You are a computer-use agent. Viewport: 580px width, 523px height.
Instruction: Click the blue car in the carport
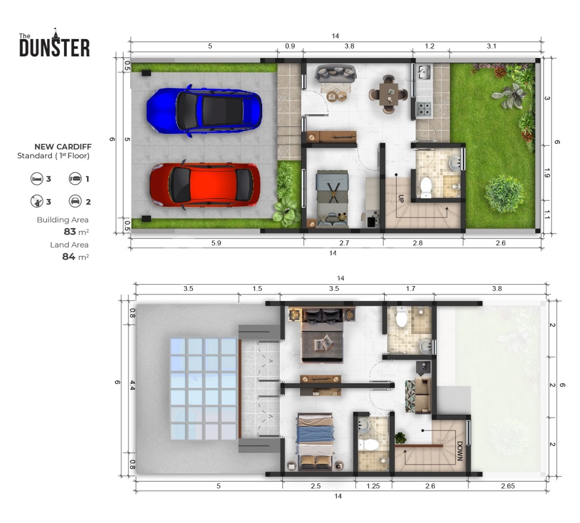[204, 110]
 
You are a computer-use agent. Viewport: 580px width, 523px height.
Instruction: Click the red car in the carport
[205, 185]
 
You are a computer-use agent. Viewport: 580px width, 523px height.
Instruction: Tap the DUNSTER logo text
[54, 47]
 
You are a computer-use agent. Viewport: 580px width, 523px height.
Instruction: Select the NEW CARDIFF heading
[63, 146]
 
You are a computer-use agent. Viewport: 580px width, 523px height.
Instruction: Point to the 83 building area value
[70, 232]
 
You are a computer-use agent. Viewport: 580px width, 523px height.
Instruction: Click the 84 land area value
[69, 256]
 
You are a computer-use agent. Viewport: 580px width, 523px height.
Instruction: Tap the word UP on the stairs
[401, 198]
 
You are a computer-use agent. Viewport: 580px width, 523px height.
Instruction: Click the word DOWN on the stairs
[460, 451]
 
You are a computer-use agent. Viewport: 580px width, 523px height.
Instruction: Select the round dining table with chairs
[388, 94]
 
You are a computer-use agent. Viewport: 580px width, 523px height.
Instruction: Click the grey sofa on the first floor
[336, 73]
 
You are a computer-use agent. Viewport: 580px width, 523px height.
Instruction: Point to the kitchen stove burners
[424, 109]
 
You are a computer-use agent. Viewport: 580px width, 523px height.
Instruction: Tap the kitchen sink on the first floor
[424, 72]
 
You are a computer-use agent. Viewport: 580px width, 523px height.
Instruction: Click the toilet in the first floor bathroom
[426, 187]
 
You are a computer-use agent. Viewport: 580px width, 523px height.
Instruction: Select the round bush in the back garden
[504, 194]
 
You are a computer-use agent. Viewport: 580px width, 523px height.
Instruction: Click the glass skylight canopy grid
[204, 389]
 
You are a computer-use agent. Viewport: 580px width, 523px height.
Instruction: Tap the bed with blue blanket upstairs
[315, 442]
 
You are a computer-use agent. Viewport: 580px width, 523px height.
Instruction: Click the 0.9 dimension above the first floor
[290, 46]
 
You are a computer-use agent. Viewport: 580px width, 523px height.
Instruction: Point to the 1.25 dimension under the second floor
[373, 486]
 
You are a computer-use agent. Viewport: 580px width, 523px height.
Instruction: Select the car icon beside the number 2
[75, 201]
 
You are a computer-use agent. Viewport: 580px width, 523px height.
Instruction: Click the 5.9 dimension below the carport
[216, 243]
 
